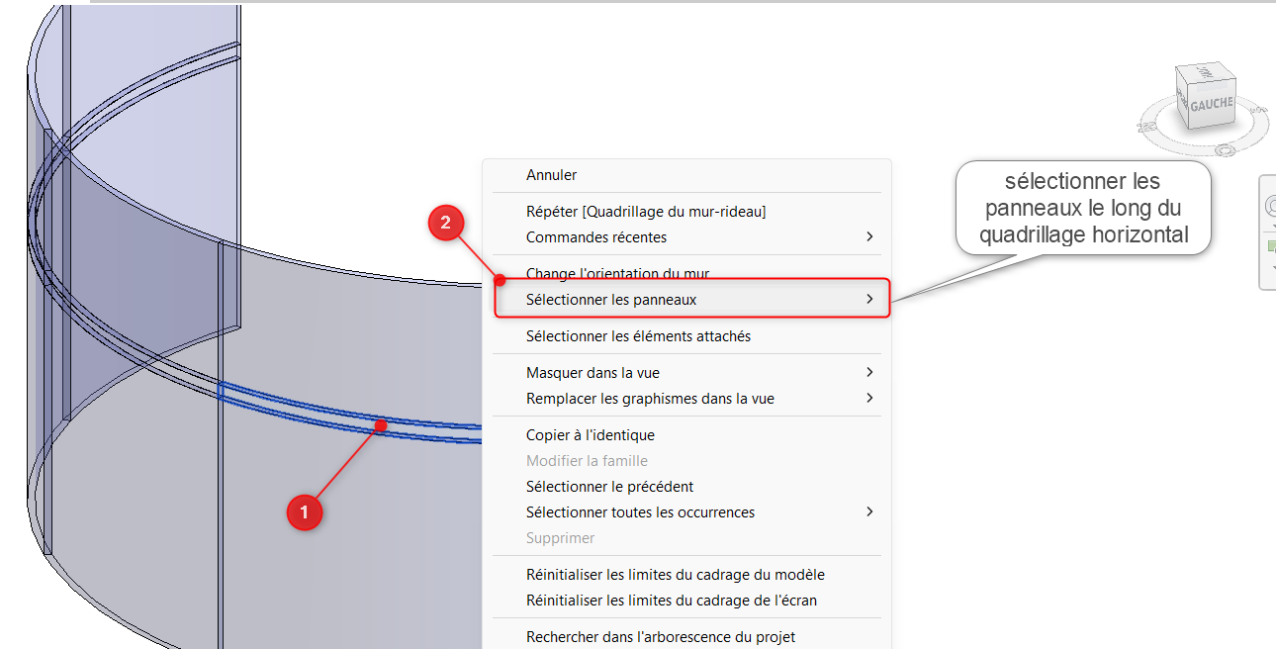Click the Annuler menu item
(551, 175)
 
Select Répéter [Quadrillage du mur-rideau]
(645, 212)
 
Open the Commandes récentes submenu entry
(595, 237)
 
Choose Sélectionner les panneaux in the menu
(610, 299)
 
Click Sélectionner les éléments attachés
(638, 336)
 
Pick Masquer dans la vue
(592, 373)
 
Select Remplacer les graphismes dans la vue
(650, 399)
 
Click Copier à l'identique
(591, 434)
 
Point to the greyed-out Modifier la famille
(587, 460)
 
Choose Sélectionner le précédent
(609, 487)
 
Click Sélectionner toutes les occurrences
(640, 512)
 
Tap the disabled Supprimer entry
(560, 538)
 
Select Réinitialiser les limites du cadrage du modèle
(675, 575)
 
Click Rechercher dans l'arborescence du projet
(660, 636)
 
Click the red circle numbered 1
(305, 512)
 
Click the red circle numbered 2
(445, 223)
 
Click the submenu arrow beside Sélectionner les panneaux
(869, 299)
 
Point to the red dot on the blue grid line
(381, 425)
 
